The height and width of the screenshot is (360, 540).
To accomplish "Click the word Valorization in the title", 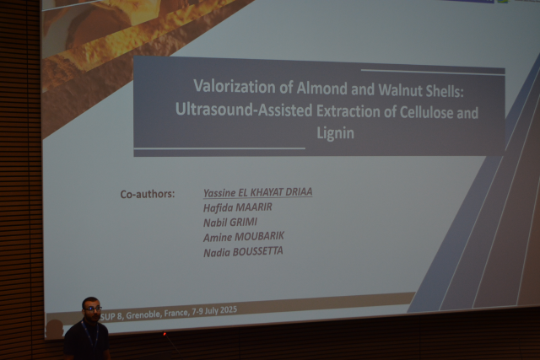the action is pos(235,86).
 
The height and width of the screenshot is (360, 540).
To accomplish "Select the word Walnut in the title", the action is pos(400,90).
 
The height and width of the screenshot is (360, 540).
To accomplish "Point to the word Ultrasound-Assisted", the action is pos(244,110).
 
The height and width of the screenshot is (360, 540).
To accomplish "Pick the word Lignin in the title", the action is pos(335,133).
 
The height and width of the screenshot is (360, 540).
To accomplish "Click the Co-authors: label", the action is pos(148,195).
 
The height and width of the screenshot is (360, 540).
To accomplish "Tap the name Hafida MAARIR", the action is pos(238,207).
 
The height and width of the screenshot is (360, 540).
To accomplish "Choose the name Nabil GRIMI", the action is pos(230,223).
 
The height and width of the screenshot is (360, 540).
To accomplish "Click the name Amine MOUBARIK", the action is pos(244,237).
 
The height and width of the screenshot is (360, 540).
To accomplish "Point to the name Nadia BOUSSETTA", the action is pos(243,251).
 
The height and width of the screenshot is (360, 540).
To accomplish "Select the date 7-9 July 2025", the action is pos(214,311).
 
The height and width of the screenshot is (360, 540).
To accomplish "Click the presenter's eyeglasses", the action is pos(92,309).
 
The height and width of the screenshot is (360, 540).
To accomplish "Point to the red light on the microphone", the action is pos(165,334).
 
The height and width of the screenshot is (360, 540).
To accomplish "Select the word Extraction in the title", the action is pos(355,111).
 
